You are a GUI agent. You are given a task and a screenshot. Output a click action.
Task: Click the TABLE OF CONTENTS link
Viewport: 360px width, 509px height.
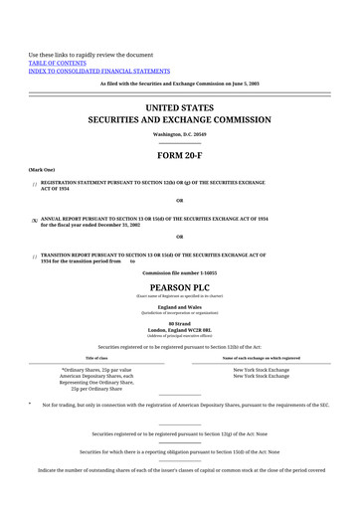[60, 61]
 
